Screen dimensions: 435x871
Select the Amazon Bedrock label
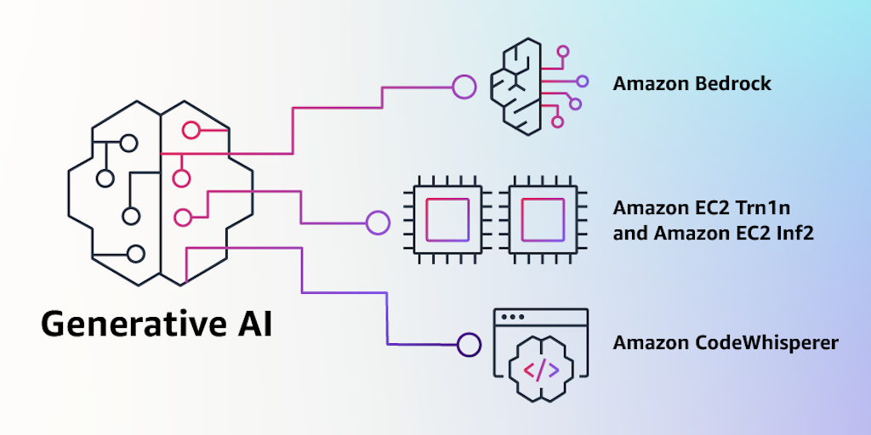[x=692, y=83]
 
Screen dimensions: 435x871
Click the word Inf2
[x=794, y=231]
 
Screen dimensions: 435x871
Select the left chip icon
[x=447, y=217]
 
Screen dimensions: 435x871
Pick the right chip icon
[x=542, y=217]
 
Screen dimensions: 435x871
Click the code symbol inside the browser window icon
[x=541, y=370]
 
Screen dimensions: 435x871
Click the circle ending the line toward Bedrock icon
[x=464, y=86]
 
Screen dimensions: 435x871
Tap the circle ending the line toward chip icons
[x=377, y=223]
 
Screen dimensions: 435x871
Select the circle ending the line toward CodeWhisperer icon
[x=469, y=344]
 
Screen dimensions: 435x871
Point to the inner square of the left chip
[x=447, y=218]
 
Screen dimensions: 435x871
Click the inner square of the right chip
[x=542, y=218]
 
